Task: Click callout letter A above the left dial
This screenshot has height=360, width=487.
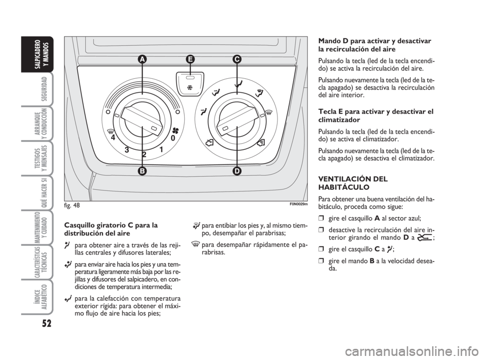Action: (142, 59)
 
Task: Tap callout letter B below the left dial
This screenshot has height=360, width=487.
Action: (142, 171)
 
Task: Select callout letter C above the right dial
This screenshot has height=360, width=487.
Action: (237, 59)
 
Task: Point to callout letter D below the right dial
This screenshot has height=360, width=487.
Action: (237, 171)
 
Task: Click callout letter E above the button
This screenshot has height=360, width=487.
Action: (190, 59)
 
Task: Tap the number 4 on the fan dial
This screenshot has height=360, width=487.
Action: (113, 137)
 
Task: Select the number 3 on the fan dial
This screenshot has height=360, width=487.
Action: (127, 150)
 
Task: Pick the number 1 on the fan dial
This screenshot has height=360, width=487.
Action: (161, 149)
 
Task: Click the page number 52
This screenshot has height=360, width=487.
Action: (46, 323)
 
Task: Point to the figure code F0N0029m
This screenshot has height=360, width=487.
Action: (298, 204)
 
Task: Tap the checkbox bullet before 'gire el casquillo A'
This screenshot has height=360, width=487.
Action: (321, 218)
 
